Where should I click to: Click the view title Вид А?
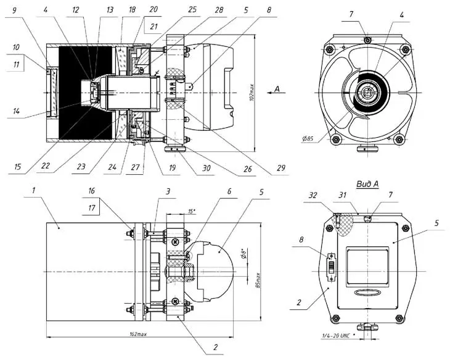pos(368,183)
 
